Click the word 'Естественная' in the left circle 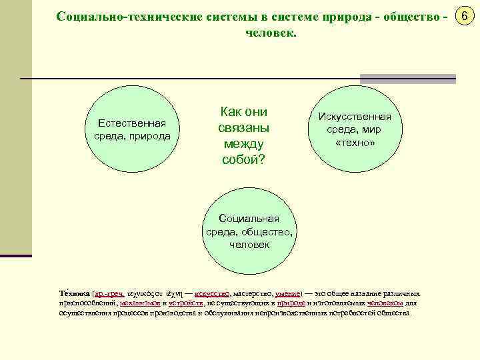tap(131, 123)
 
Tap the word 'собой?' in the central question tap(243, 159)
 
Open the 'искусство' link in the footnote tap(211, 293)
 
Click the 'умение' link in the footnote tap(287, 293)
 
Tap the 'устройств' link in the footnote tap(186, 303)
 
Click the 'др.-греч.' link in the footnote tap(109, 293)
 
